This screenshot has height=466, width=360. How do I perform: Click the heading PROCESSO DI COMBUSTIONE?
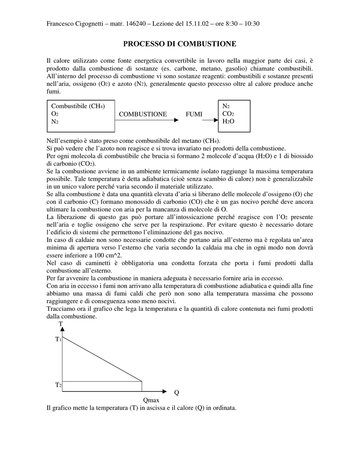(180, 44)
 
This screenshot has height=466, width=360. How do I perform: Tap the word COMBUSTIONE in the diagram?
(143, 114)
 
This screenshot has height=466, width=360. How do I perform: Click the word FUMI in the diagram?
(194, 114)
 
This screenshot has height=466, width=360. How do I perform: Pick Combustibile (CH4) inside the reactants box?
(78, 106)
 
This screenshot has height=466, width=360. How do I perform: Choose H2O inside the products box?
(228, 122)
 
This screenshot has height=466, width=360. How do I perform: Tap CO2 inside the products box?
(228, 114)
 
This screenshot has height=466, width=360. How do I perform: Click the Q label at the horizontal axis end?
(177, 393)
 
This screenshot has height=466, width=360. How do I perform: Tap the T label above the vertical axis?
(61, 324)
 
